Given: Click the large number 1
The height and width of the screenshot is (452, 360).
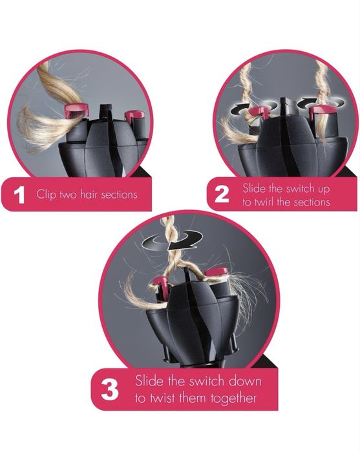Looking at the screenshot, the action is [x=19, y=195].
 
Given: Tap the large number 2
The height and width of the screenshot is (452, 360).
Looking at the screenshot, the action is [x=222, y=194].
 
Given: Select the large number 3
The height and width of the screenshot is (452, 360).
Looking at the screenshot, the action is [x=110, y=390].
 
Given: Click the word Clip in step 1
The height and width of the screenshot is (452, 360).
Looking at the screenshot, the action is [x=46, y=194].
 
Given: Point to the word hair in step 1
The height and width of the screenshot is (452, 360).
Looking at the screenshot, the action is [x=89, y=194].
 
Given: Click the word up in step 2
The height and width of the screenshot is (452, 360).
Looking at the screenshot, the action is [x=324, y=189].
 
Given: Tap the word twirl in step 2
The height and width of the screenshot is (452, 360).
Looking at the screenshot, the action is [x=264, y=202].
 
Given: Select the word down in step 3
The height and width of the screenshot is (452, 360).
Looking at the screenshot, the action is [x=246, y=381].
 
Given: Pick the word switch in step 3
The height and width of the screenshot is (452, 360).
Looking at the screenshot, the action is [x=207, y=381].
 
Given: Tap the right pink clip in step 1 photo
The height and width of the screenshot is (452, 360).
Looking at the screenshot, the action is [x=134, y=114].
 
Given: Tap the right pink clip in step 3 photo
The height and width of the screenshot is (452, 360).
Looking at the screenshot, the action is [x=217, y=272].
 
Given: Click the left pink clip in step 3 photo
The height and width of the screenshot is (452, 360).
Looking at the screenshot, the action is [x=161, y=282].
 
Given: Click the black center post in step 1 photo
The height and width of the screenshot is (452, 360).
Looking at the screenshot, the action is [x=105, y=112].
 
